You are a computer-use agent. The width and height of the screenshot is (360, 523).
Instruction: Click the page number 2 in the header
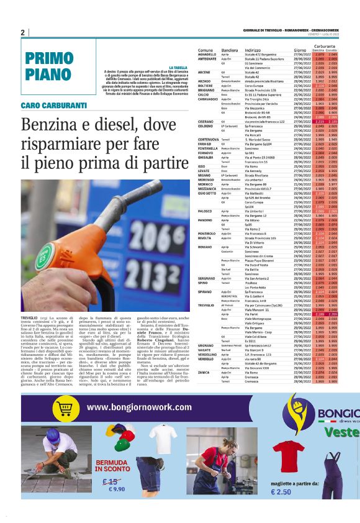coord(22,32)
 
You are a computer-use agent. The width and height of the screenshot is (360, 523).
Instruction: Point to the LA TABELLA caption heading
coord(178,67)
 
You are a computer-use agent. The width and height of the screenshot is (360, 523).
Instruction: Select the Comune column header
coord(205,50)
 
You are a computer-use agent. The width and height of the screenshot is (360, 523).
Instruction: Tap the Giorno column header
coord(300,50)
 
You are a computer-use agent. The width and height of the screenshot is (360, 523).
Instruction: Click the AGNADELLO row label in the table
coord(207,55)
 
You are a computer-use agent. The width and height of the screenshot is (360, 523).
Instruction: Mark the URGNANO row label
coord(205,344)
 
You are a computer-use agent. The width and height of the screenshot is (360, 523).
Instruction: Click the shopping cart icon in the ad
coord(65,407)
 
